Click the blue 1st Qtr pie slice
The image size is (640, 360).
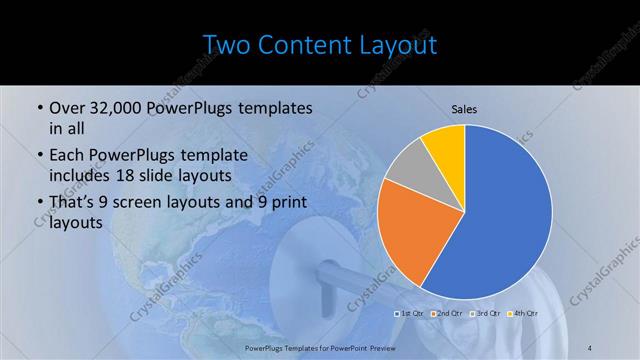(505, 215)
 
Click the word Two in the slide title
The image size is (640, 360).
(227, 45)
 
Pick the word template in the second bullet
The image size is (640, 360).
(207, 156)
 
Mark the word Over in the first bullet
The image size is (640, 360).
(66, 108)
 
